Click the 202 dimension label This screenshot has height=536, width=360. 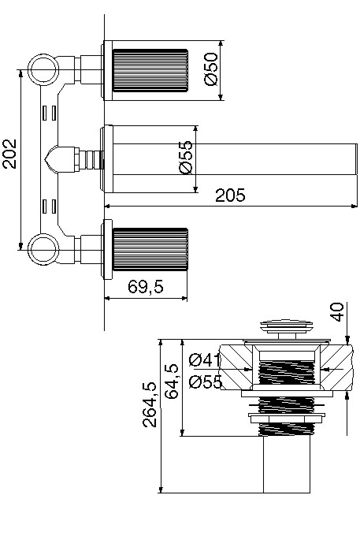tap(9, 154)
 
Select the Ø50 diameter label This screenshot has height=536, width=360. tap(211, 69)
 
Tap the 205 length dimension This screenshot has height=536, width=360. tap(230, 195)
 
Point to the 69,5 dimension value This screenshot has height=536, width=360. tap(146, 286)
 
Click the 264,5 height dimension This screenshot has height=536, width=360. tap(150, 404)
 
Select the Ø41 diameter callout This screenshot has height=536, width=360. tap(204, 360)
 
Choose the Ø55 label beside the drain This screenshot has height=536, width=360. tap(206, 382)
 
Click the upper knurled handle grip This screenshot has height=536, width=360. tap(150, 71)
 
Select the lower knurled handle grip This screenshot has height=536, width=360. tap(150, 249)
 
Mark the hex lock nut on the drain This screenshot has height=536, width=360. tap(285, 419)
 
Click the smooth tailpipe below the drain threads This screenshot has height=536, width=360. tap(287, 464)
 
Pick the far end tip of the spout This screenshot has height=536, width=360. tap(357, 159)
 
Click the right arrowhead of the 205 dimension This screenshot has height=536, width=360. tap(354, 207)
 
